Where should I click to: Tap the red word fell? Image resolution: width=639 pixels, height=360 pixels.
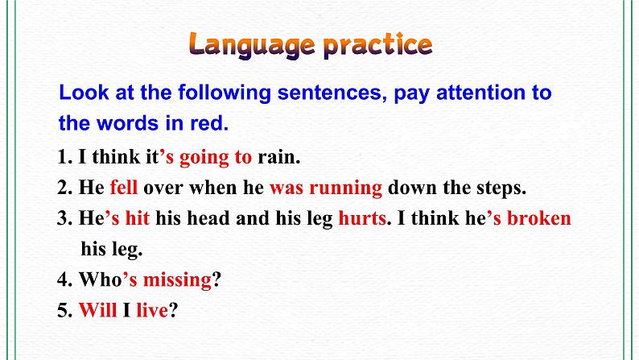click(x=124, y=188)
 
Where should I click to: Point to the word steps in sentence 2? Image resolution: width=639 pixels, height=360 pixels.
click(x=500, y=188)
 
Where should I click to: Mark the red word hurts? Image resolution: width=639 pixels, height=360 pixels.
click(x=361, y=219)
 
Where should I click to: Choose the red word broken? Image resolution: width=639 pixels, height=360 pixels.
click(x=539, y=219)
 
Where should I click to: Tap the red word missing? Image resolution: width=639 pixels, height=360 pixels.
click(x=176, y=280)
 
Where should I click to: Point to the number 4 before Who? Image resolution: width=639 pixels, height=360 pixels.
click(x=64, y=280)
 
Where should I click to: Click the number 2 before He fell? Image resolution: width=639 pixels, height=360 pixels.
click(x=64, y=188)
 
